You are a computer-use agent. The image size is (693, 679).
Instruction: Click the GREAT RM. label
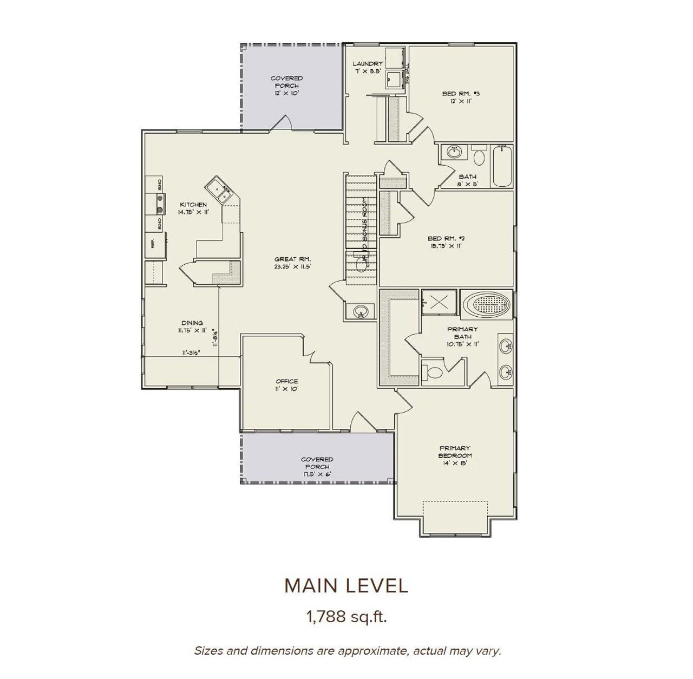click(292, 263)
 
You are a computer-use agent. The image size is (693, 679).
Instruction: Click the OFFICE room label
click(286, 384)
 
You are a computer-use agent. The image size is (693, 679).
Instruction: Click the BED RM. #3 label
click(461, 97)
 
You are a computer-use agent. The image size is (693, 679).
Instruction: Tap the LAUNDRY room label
click(368, 67)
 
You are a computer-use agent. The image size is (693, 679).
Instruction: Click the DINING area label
click(192, 327)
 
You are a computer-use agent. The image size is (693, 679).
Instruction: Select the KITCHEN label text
click(193, 208)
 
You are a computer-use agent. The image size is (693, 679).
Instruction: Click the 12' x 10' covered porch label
click(286, 86)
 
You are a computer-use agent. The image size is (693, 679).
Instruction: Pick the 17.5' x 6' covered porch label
click(317, 467)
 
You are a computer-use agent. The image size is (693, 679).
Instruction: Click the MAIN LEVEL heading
click(346, 585)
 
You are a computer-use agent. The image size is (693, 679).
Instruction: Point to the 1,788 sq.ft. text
click(346, 616)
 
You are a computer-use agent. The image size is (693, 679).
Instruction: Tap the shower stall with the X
click(439, 302)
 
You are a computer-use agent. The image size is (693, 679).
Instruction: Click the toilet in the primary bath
click(434, 373)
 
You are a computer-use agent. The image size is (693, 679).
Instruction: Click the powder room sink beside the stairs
click(361, 312)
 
